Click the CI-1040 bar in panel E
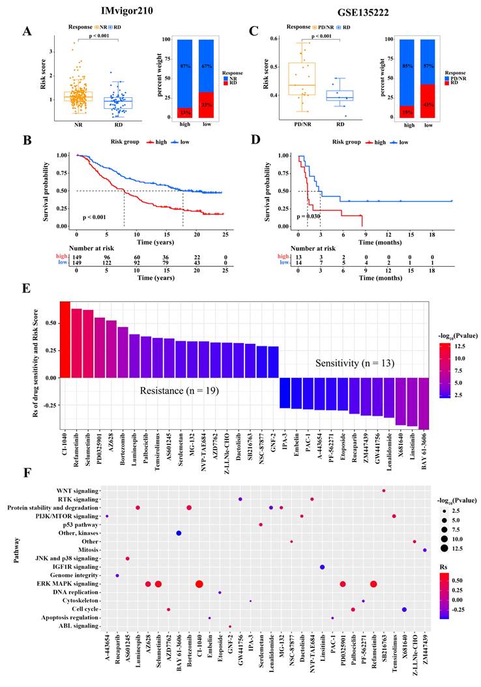point(65,339)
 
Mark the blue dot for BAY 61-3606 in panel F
point(179,533)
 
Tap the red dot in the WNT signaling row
point(384,490)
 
